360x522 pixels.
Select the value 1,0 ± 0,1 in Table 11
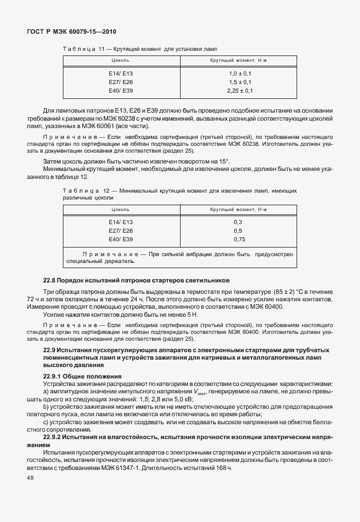240,74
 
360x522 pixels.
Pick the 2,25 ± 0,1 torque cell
240,90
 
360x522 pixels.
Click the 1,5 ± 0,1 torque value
240,82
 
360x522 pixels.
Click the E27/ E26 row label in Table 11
121,82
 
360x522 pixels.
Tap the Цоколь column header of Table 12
121,210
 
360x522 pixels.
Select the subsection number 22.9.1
55,376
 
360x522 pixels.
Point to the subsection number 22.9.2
55,436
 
